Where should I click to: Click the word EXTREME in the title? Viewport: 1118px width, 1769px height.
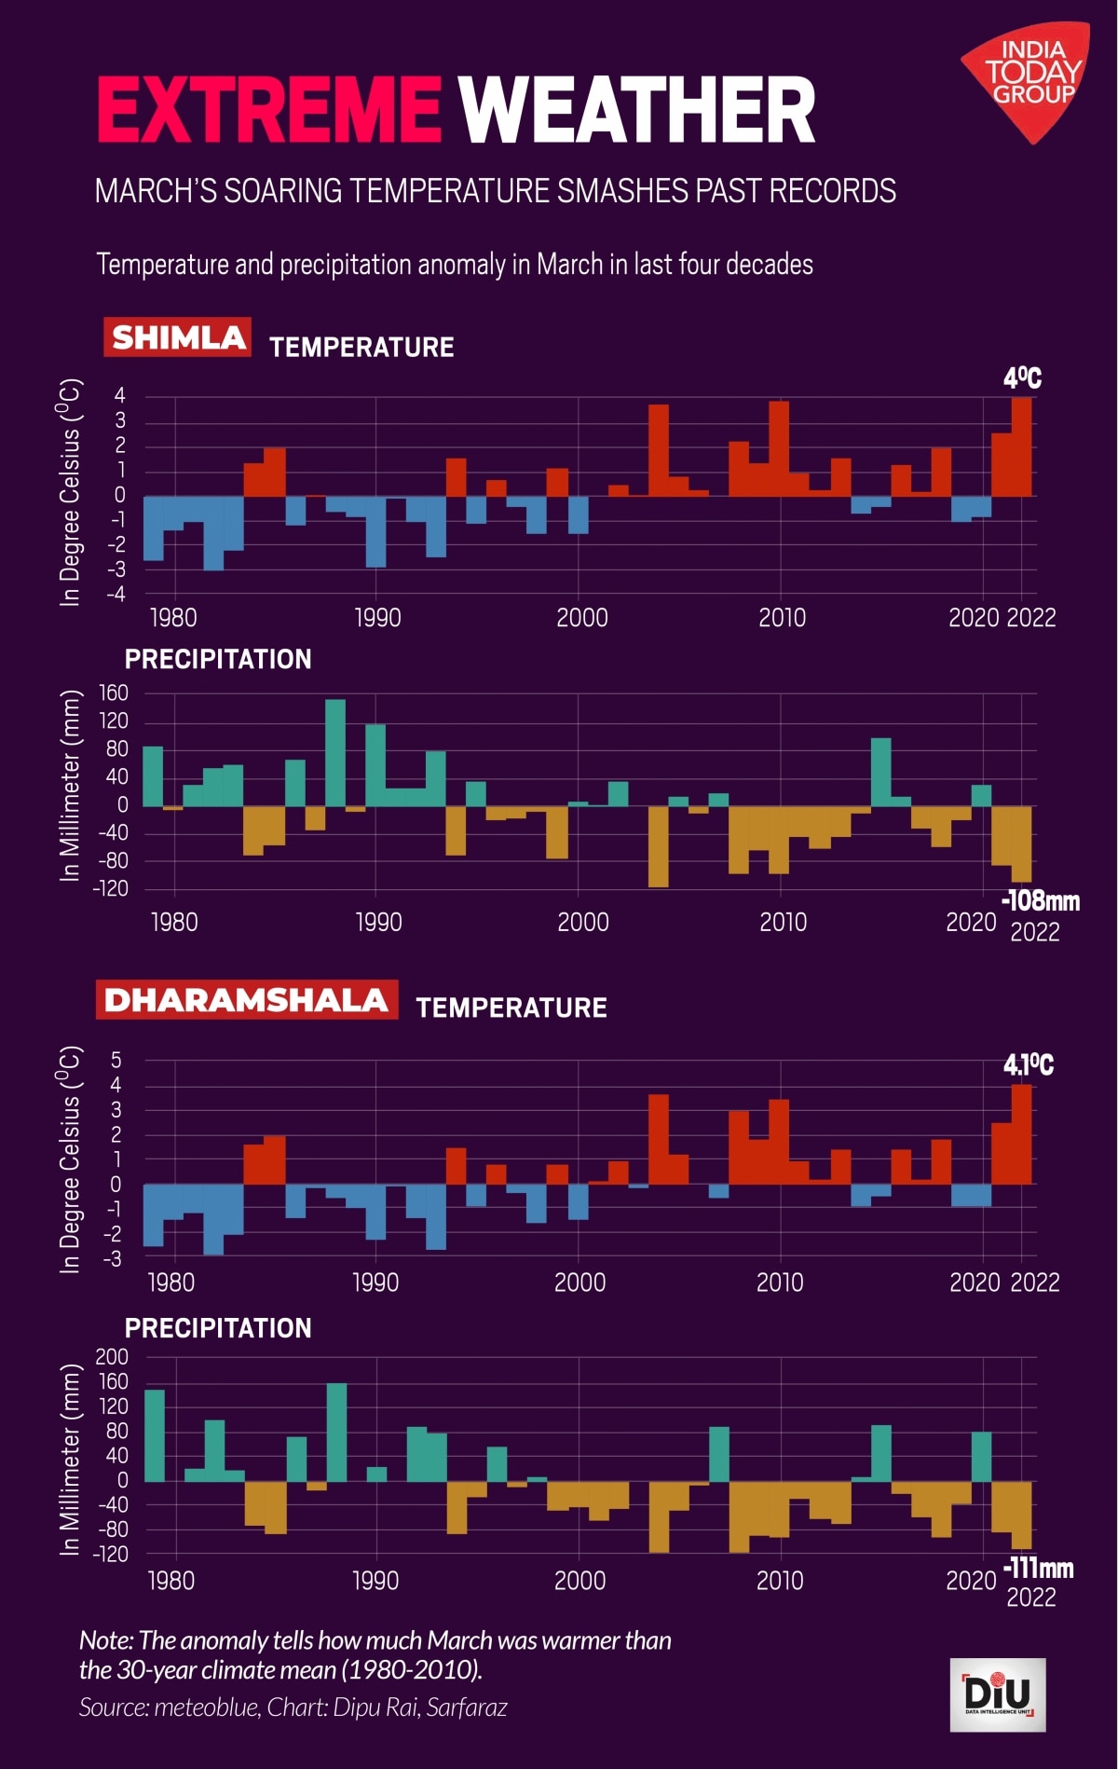(268, 110)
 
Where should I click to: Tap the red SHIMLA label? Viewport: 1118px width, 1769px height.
(178, 337)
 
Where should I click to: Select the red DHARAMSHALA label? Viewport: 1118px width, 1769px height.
(246, 999)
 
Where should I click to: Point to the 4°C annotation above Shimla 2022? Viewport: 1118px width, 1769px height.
(1022, 378)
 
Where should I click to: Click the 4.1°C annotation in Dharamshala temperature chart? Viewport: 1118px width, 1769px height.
(1028, 1064)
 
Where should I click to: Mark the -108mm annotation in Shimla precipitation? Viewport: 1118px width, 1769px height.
(1040, 901)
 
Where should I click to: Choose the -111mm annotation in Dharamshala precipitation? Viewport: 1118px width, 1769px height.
(1038, 1569)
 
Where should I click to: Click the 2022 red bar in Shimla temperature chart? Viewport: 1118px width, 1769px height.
(1022, 447)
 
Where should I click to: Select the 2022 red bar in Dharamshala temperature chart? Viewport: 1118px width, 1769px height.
(1022, 1134)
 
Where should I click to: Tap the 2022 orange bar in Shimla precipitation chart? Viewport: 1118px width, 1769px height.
(1022, 843)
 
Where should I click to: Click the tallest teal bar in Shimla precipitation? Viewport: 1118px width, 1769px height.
(335, 753)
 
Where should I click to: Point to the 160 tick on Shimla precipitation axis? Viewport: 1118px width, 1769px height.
(111, 693)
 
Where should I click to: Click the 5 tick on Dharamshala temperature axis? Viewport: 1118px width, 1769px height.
(116, 1060)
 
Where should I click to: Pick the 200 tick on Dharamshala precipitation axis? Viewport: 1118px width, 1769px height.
(111, 1357)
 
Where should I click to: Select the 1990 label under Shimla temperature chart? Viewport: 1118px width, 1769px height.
(377, 618)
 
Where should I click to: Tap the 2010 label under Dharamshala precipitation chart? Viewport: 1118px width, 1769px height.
(780, 1581)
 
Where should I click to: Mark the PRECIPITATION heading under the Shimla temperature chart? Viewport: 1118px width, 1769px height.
(218, 659)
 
